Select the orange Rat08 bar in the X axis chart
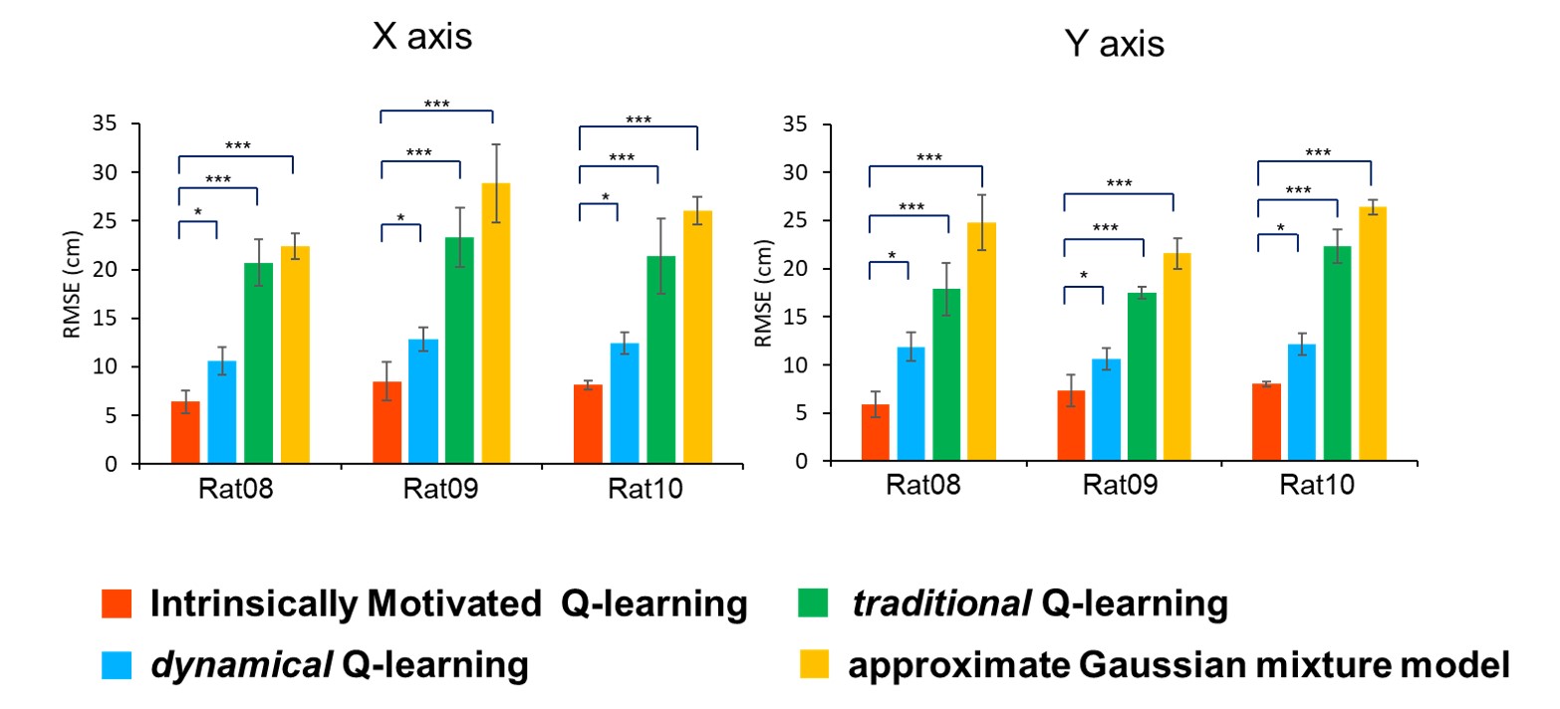185,433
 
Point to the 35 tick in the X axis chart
104,124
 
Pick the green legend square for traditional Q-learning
813,602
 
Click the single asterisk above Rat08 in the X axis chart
197,212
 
